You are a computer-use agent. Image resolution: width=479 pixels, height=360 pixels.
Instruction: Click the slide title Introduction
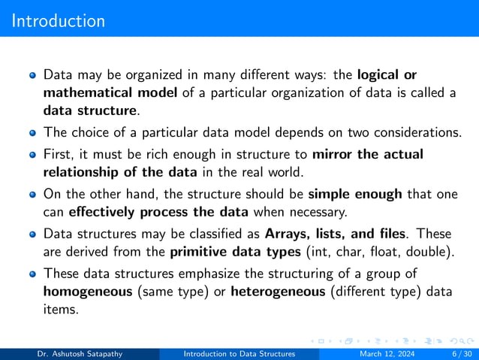59,20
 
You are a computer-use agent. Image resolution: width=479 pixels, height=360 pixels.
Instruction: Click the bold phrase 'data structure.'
92,110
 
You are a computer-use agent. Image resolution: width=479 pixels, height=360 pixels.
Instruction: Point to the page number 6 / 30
455,353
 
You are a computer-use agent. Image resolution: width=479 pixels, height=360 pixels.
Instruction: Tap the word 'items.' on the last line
61,308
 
